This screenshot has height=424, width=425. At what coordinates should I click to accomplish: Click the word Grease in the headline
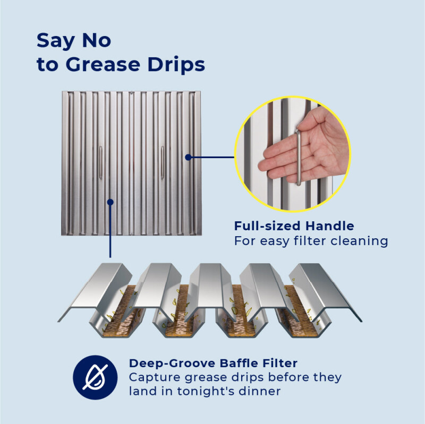point(103,64)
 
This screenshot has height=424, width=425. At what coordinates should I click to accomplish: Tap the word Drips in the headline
point(176,65)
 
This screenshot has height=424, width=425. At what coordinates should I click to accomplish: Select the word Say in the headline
point(56,41)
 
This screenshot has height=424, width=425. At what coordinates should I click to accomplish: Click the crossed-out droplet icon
point(95,377)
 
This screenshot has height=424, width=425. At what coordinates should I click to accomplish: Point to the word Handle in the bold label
point(329,226)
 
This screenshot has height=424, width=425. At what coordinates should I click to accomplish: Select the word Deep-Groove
point(173,364)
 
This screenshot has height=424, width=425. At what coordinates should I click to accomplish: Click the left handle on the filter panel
point(100,162)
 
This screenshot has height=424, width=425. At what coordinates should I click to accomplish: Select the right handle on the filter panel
point(163,162)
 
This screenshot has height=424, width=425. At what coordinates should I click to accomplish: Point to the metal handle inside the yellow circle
point(298,157)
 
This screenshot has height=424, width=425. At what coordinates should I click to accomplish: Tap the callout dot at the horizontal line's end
point(188,157)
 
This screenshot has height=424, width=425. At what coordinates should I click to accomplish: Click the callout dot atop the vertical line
point(110,202)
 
